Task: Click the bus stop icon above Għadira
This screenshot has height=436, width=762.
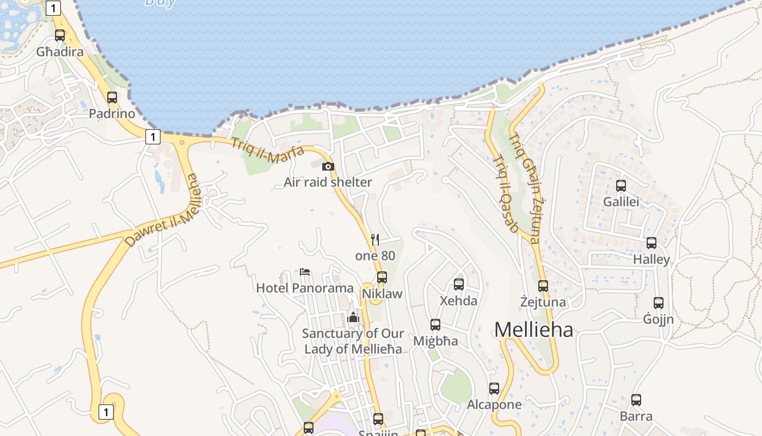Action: coord(60,35)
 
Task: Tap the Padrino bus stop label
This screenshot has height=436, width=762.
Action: coord(112,114)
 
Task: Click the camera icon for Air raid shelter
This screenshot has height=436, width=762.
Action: coord(328,167)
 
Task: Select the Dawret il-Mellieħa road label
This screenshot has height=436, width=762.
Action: coord(163,210)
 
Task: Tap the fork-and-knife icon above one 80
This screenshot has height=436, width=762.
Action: coord(374,239)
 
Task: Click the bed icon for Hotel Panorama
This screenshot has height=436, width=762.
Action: coord(305,272)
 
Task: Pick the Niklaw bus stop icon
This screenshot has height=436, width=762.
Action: coord(382,277)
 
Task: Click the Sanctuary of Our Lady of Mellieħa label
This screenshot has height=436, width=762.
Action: coord(353,341)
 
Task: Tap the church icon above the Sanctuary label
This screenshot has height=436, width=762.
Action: coord(353,317)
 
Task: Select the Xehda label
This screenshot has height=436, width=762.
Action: coord(458,301)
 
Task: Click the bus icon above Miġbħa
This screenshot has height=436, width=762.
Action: coord(435,325)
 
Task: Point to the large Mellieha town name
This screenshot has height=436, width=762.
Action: coord(533,330)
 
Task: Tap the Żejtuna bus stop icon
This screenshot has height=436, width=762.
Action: coord(543,286)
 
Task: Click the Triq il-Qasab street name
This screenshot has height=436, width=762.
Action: coord(505,193)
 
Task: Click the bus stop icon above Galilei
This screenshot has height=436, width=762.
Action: coord(621,186)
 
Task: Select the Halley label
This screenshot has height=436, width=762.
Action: coord(651,259)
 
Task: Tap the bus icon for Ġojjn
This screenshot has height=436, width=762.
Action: coord(659,303)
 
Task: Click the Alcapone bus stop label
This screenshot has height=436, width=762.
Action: coord(494,404)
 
